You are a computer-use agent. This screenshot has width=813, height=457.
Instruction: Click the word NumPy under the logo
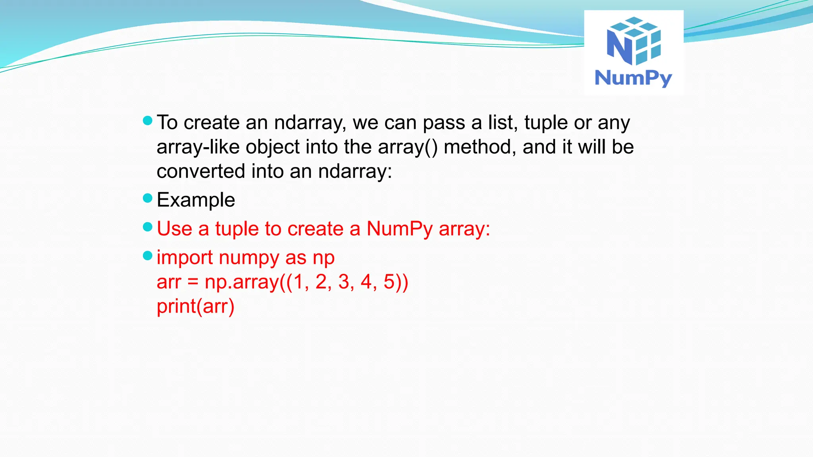633,78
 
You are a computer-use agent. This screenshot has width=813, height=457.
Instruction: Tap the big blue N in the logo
619,47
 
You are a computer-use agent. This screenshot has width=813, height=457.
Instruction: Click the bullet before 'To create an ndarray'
148,121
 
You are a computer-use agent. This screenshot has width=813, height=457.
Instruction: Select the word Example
196,200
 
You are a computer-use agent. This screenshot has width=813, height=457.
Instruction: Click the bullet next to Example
148,198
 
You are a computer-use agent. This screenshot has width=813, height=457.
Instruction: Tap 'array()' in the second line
408,147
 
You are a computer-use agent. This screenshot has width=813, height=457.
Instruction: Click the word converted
200,172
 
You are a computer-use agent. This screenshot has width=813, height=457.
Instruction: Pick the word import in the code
185,258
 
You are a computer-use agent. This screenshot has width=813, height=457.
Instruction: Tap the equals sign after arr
193,282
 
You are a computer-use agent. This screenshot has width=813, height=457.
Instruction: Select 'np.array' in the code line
242,282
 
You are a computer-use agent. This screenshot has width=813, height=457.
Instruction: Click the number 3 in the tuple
344,282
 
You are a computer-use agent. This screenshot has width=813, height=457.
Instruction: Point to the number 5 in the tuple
389,282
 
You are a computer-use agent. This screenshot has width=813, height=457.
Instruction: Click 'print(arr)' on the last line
196,307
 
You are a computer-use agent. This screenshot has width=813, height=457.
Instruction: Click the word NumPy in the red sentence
399,229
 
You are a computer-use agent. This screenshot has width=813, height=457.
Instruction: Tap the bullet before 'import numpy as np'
148,256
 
